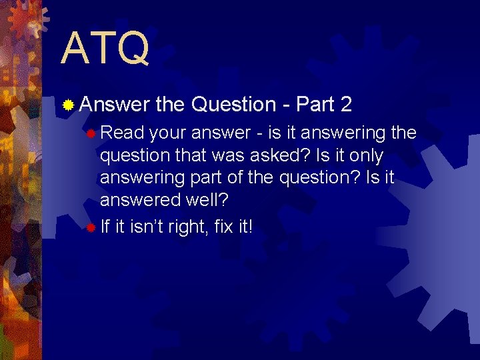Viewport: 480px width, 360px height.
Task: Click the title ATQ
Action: click(105, 49)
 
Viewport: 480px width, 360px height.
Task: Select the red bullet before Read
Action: click(91, 134)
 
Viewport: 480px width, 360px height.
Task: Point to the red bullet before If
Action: click(91, 228)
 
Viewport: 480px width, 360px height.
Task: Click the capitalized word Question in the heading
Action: click(233, 105)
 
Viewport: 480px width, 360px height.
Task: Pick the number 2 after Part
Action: click(345, 105)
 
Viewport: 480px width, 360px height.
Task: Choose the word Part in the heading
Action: click(315, 105)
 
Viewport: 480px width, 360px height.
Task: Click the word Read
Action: click(122, 133)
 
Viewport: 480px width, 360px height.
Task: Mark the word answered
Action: click(141, 201)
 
